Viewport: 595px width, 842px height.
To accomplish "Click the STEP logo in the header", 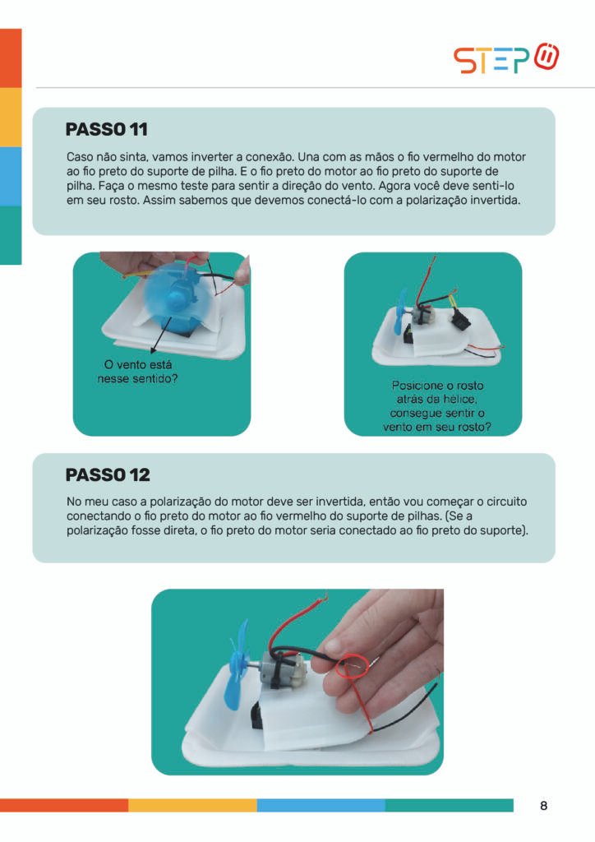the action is point(506,58).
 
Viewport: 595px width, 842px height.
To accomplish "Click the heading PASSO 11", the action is point(106,129).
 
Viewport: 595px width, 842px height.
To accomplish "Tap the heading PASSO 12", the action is point(108,474).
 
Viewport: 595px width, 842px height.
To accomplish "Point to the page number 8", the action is point(543,806).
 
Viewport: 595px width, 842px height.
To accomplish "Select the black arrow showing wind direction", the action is point(161,335).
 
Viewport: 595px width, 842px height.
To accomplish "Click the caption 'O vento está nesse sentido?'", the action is point(137,372).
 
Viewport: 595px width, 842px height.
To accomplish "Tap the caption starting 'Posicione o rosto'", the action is point(436,406).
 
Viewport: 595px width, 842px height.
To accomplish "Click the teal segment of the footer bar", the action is point(449,805).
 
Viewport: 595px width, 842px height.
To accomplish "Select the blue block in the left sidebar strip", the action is point(11,176).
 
